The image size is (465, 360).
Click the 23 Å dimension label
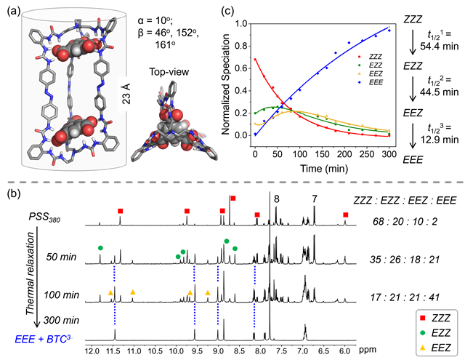click(x=126, y=92)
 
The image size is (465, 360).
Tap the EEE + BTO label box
click(x=44, y=339)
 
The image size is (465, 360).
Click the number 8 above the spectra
click(x=276, y=198)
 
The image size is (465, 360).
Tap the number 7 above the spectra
click(x=315, y=198)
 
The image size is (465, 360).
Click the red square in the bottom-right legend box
click(x=423, y=319)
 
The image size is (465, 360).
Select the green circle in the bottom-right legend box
click(x=423, y=333)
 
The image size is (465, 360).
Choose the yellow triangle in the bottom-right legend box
click(x=423, y=347)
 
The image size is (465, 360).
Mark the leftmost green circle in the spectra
click(x=100, y=248)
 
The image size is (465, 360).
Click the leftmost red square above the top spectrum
click(x=120, y=211)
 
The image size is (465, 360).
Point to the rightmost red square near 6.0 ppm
click(x=346, y=215)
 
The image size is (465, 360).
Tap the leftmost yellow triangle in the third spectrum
click(x=110, y=292)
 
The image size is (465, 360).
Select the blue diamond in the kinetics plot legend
click(x=359, y=82)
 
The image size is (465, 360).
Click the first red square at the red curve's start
click(x=256, y=60)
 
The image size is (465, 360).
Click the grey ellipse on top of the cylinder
click(x=74, y=14)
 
